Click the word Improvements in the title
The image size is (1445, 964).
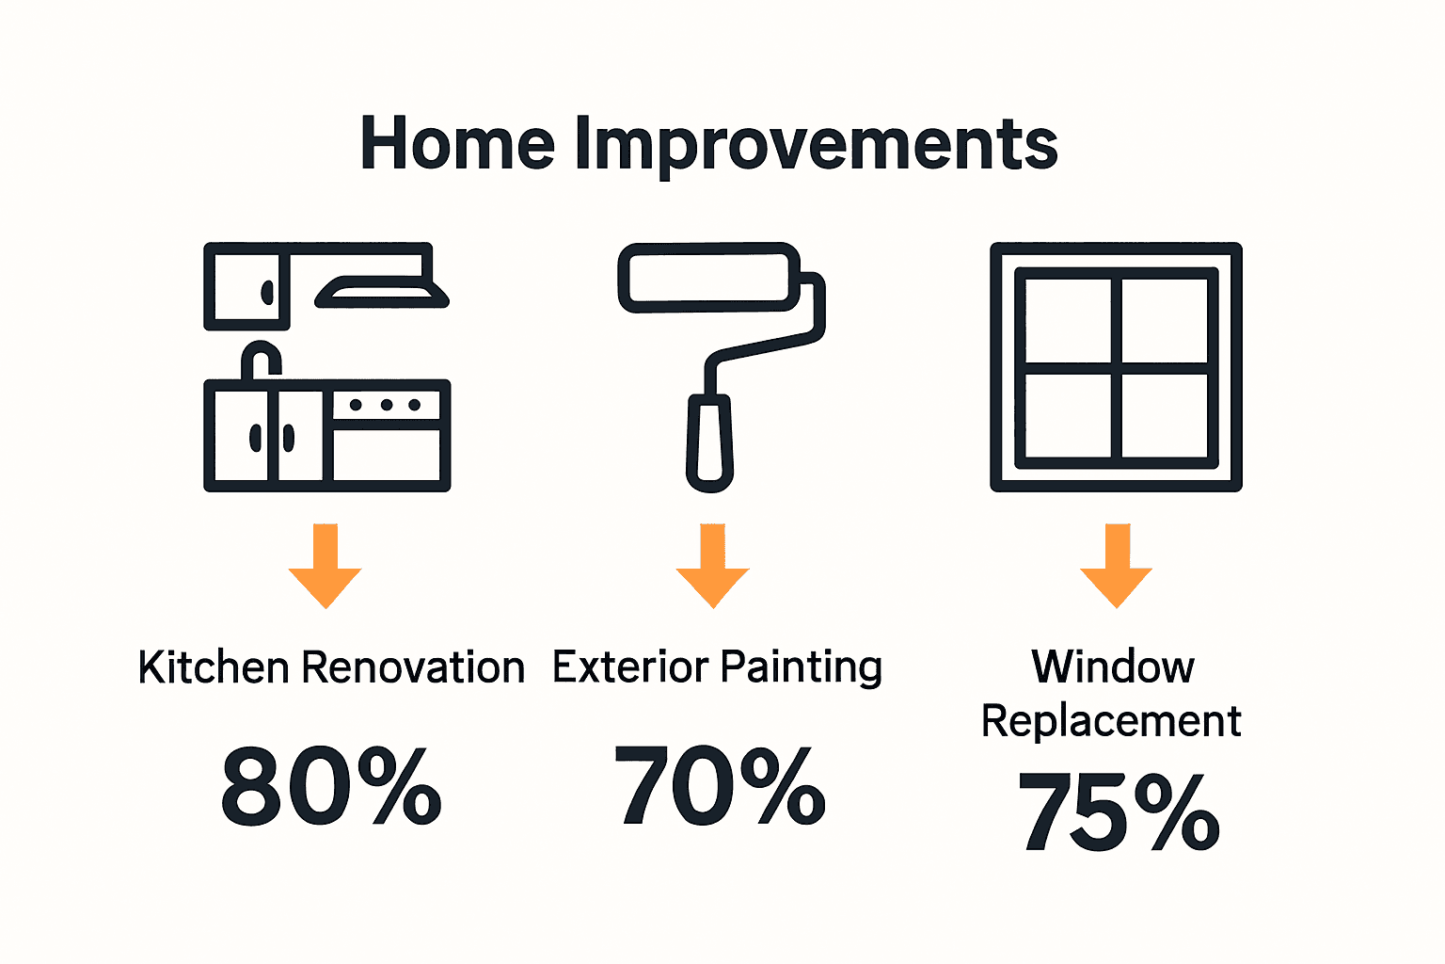(816, 146)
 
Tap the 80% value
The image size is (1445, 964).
(331, 785)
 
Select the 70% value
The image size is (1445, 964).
(720, 785)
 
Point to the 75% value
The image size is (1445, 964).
(1118, 811)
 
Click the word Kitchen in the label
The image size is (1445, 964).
(214, 667)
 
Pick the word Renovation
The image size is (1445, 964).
(413, 667)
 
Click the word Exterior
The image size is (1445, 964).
(630, 667)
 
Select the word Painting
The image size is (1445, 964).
(802, 668)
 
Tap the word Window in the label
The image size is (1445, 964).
(1113, 667)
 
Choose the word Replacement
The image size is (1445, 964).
(1111, 721)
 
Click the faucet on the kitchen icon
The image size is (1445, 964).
(261, 359)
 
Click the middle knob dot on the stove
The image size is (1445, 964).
(386, 405)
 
